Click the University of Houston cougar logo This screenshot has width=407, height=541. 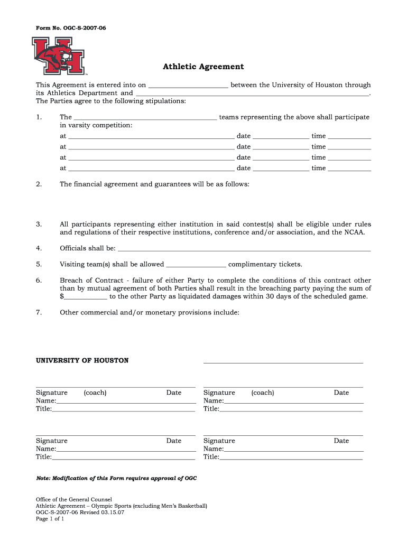point(58,56)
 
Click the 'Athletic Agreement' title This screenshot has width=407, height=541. point(203,67)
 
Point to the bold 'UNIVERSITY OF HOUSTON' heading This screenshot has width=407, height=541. point(82,360)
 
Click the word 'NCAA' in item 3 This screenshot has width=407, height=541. point(354,232)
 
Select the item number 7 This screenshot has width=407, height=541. point(39,312)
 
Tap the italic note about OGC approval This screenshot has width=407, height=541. point(116,478)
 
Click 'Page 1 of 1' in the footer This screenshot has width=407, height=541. point(50,519)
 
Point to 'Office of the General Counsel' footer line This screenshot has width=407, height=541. point(73,499)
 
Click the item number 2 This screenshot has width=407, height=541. point(39,184)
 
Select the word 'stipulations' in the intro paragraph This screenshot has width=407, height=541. point(167,101)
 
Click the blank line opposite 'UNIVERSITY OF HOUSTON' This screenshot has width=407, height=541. point(283,362)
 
